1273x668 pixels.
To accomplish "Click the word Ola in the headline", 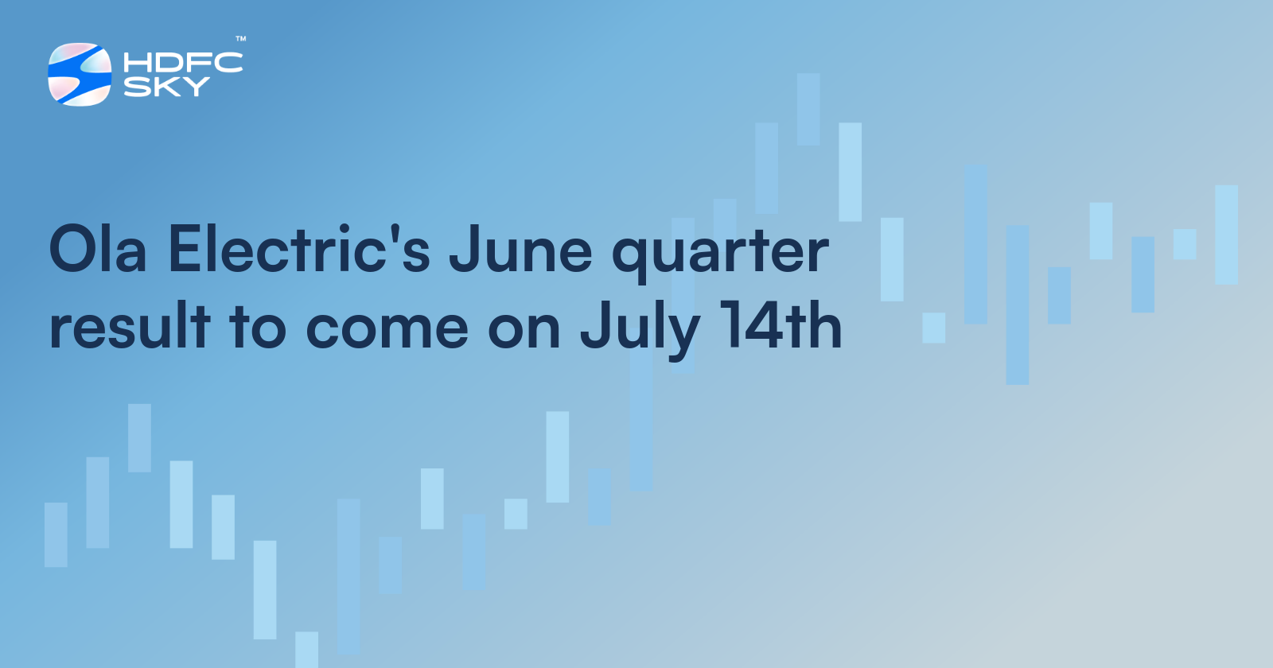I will [98, 250].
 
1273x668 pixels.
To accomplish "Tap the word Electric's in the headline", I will [299, 250].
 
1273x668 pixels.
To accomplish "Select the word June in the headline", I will [520, 250].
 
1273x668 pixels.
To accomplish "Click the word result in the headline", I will [130, 326].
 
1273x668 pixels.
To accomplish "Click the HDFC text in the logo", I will [183, 63].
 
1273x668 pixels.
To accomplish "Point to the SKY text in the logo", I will [166, 86].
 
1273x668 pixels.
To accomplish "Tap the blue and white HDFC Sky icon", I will [80, 74].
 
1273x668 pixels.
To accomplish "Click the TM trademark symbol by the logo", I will [240, 38].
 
